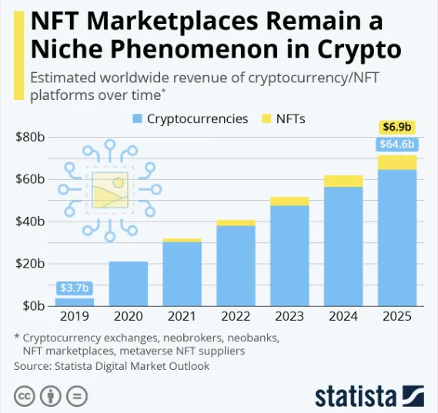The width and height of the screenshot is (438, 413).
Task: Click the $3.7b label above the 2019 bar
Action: (x=75, y=288)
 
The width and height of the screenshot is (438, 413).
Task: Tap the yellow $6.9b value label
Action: (x=397, y=126)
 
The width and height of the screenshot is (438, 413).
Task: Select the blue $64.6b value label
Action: (x=397, y=144)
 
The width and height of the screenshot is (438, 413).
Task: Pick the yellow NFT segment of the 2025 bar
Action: (x=397, y=162)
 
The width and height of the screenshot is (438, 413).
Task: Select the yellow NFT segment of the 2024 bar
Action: (x=343, y=181)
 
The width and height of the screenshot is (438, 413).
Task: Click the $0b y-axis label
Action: (x=32, y=306)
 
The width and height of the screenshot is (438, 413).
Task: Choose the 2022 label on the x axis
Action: (x=236, y=316)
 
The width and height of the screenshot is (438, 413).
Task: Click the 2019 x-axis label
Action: (x=75, y=316)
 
